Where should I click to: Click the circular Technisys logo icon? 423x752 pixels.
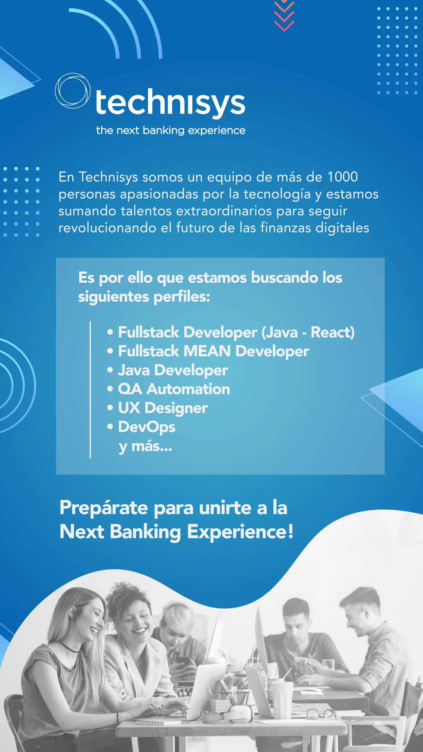pyautogui.click(x=72, y=91)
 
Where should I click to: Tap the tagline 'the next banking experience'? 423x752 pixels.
pyautogui.click(x=171, y=130)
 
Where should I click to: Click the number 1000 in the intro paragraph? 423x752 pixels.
pyautogui.click(x=343, y=177)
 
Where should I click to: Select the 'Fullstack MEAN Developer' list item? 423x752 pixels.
pyautogui.click(x=213, y=351)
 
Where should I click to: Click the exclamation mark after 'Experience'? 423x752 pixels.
pyautogui.click(x=290, y=531)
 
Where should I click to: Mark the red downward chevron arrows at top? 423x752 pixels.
pyautogui.click(x=284, y=16)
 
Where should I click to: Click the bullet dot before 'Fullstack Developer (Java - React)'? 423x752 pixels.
pyautogui.click(x=110, y=332)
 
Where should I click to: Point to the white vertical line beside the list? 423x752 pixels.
pyautogui.click(x=90, y=389)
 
